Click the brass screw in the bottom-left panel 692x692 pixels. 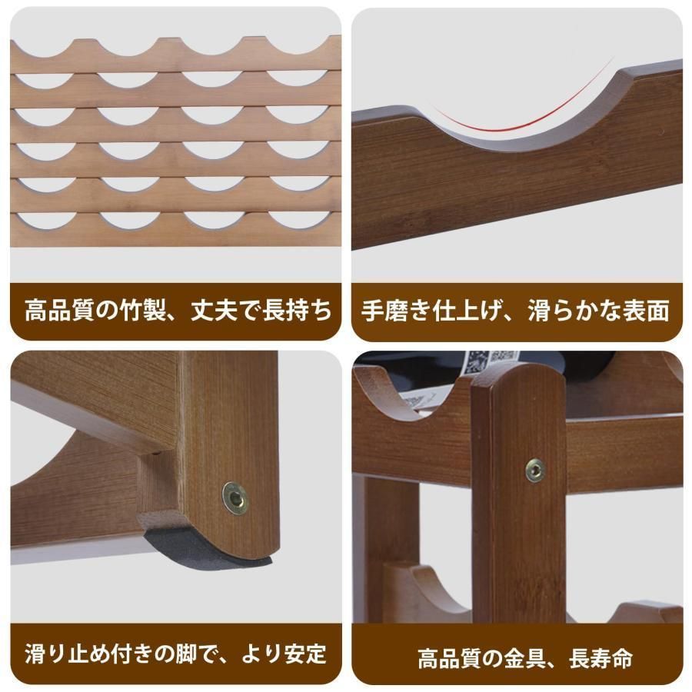tap(235, 497)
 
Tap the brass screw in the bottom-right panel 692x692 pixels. tap(535, 470)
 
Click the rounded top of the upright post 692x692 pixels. tap(517, 381)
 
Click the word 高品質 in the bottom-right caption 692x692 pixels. tap(447, 658)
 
